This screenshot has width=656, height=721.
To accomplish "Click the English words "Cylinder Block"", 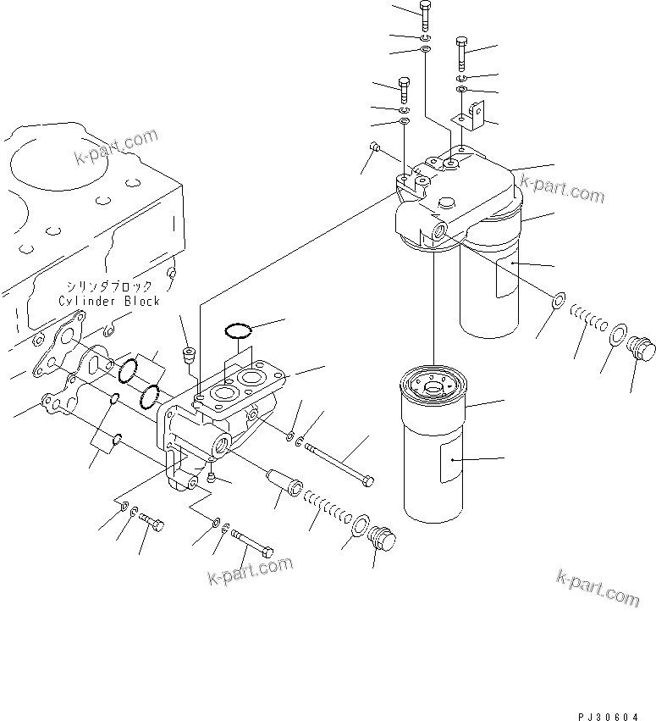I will [x=108, y=301].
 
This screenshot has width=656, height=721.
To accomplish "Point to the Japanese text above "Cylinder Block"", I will [x=108, y=286].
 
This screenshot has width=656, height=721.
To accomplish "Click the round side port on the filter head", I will [x=441, y=231].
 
